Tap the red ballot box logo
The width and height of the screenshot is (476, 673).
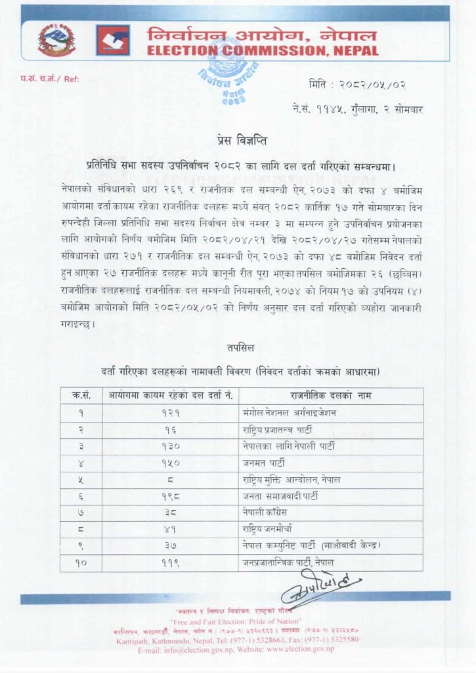pyautogui.click(x=113, y=40)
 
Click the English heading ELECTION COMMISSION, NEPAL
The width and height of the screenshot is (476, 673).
pyautogui.click(x=263, y=51)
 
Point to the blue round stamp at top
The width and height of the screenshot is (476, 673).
pyautogui.click(x=232, y=76)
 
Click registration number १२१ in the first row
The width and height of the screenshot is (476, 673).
pyautogui.click(x=171, y=413)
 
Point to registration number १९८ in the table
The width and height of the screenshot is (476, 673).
pyautogui.click(x=171, y=497)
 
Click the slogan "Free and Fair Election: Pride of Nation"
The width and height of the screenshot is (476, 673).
pyautogui.click(x=235, y=621)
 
